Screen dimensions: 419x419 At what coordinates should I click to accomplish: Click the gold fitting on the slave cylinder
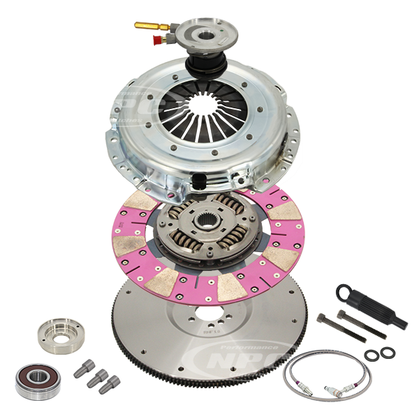coord(147,27)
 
